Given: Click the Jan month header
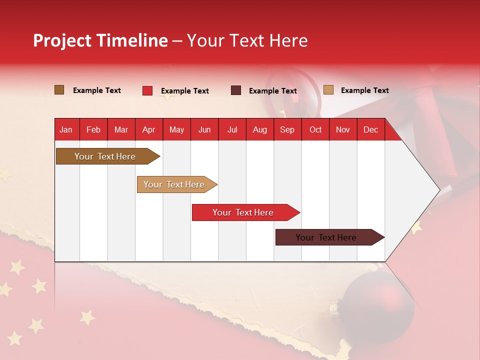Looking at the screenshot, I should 66,129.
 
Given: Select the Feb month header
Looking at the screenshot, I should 93,129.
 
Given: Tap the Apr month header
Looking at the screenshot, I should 148,129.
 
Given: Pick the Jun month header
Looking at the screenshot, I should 204,129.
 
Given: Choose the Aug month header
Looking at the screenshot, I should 260,129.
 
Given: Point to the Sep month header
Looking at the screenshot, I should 287,129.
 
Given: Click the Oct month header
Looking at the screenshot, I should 315,129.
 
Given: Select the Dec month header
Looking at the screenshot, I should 370,129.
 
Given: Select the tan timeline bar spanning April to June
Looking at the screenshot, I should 175,184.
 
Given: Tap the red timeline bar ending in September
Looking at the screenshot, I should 244,212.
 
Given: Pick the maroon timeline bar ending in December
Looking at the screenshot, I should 327,237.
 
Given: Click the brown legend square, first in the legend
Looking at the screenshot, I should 59,90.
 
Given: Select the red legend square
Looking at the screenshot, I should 147,90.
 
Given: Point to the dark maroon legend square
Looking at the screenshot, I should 236,90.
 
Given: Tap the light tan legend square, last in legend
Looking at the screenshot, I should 328,90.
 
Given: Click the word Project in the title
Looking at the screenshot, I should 62,40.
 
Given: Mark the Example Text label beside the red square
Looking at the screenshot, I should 184,91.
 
